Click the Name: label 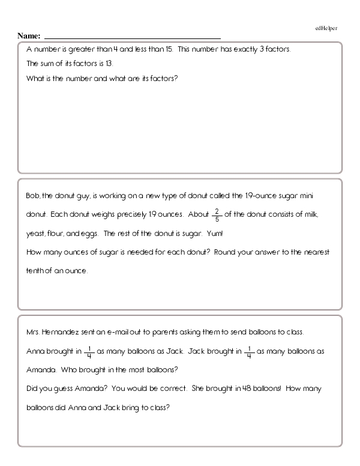(29, 35)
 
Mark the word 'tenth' (37, 271)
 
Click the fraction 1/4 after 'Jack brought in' (249, 351)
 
